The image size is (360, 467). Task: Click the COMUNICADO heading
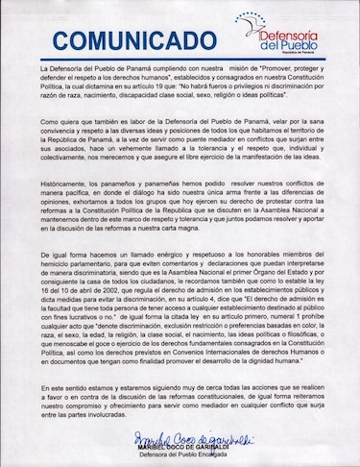pyautogui.click(x=133, y=41)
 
